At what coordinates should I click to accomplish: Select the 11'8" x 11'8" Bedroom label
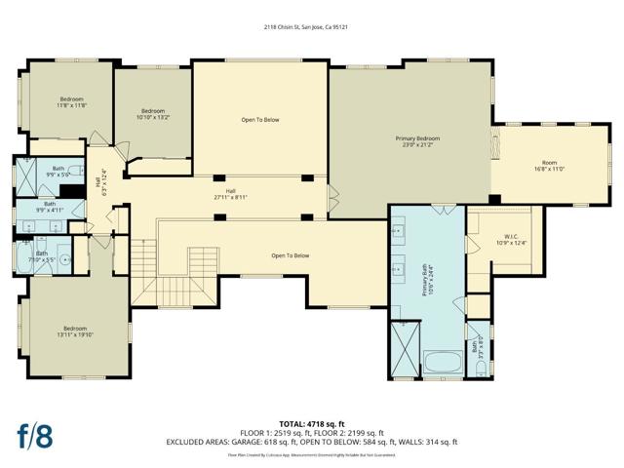[72, 102]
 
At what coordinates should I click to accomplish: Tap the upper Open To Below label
[260, 120]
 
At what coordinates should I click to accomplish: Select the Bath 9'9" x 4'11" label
[49, 207]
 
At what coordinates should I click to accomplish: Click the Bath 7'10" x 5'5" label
[43, 258]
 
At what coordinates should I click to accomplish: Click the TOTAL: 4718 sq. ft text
[312, 423]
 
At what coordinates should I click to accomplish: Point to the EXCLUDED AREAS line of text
[312, 443]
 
